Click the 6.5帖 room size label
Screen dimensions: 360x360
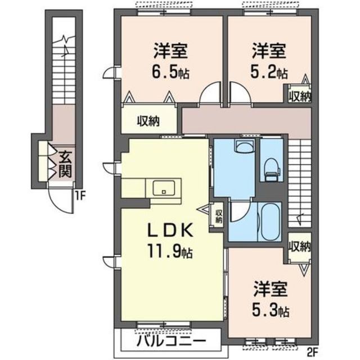pos(162,73)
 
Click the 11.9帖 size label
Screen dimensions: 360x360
pos(172,250)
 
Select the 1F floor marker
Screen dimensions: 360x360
pos(80,197)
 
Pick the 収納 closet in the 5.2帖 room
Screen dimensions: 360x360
pos(300,95)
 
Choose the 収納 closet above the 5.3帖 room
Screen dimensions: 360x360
pos(300,246)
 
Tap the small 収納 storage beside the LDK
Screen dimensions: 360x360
pos(218,216)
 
